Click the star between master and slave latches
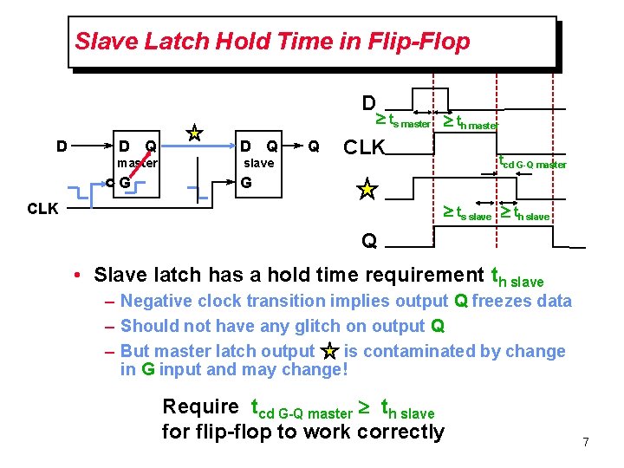pyautogui.click(x=196, y=133)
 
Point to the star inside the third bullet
pyautogui.click(x=329, y=351)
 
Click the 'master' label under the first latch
pyautogui.click(x=137, y=162)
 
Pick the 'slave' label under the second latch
pyautogui.click(x=258, y=162)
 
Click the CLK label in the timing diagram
pyautogui.click(x=364, y=146)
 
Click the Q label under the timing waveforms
pyautogui.click(x=369, y=240)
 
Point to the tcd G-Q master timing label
pyautogui.click(x=531, y=161)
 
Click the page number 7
pyautogui.click(x=586, y=443)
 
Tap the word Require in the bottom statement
pyautogui.click(x=200, y=406)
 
